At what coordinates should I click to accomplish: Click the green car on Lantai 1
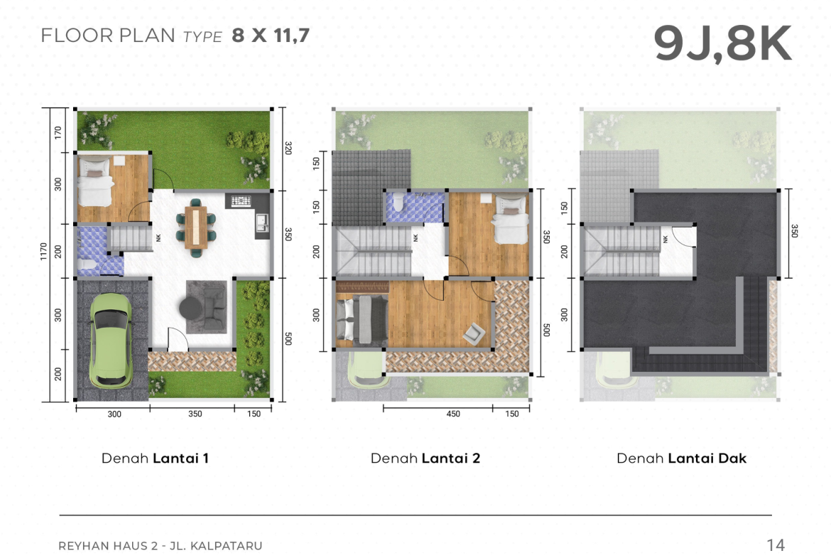(110, 340)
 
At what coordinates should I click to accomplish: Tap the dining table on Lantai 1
(195, 227)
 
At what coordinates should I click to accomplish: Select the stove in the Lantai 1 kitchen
(241, 201)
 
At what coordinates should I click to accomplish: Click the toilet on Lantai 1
(86, 264)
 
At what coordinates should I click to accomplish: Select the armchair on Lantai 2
(473, 333)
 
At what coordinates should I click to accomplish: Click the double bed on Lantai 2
(362, 319)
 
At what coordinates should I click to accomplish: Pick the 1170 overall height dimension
(43, 251)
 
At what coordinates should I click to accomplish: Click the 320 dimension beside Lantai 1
(288, 148)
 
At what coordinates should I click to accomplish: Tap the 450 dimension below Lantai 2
(453, 414)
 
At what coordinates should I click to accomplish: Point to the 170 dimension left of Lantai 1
(58, 132)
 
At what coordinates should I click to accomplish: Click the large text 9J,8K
(723, 43)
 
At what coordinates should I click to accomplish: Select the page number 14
(776, 544)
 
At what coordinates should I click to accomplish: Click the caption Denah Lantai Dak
(682, 458)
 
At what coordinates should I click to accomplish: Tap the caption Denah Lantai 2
(425, 458)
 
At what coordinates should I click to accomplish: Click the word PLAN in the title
(147, 36)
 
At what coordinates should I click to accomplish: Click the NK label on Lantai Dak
(666, 239)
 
